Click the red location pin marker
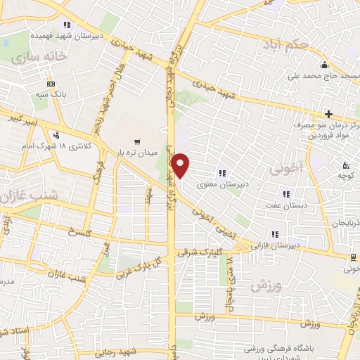pyautogui.click(x=181, y=165)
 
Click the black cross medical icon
pyautogui.click(x=328, y=114)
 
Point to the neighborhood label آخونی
pyautogui.click(x=284, y=169)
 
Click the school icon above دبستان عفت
pyautogui.click(x=285, y=194)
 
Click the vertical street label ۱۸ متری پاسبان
pyautogui.click(x=231, y=283)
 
